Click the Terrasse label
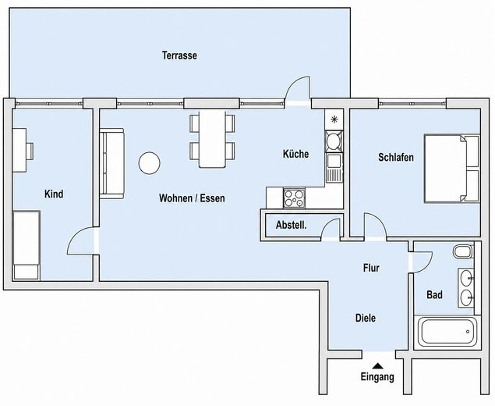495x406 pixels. click(179, 55)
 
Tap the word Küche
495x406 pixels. click(295, 154)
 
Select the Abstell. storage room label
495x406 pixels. click(291, 225)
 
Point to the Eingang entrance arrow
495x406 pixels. click(377, 366)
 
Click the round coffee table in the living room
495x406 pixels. click(150, 163)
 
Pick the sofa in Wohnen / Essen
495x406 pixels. click(111, 163)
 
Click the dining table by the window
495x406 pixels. click(212, 139)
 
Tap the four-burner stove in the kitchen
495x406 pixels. click(294, 198)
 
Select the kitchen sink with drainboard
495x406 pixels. click(334, 168)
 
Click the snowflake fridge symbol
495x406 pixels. click(334, 119)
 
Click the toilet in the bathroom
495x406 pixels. click(463, 251)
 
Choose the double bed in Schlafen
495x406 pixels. click(452, 169)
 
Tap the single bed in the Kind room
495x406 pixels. click(27, 245)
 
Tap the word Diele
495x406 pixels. click(366, 318)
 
